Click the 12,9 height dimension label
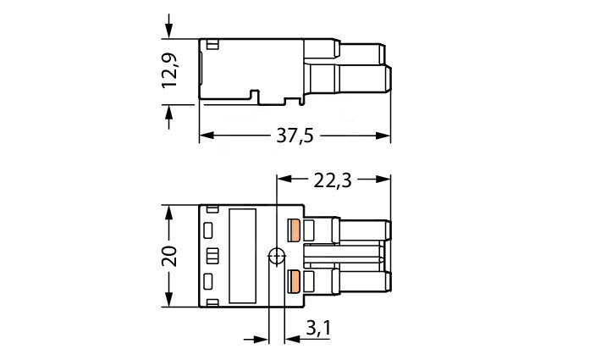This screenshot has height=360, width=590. click(x=169, y=70)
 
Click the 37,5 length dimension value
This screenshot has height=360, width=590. click(x=295, y=136)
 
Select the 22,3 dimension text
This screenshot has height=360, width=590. click(x=333, y=180)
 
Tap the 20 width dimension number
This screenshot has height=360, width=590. click(x=169, y=256)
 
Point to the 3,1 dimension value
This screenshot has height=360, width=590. click(x=318, y=328)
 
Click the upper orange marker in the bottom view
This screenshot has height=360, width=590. click(x=294, y=230)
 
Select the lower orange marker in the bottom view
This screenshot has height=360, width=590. click(x=294, y=281)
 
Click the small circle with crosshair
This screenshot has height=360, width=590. click(x=277, y=256)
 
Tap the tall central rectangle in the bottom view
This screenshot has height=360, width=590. click(x=242, y=256)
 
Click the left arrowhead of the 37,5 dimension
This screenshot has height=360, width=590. click(x=207, y=136)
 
